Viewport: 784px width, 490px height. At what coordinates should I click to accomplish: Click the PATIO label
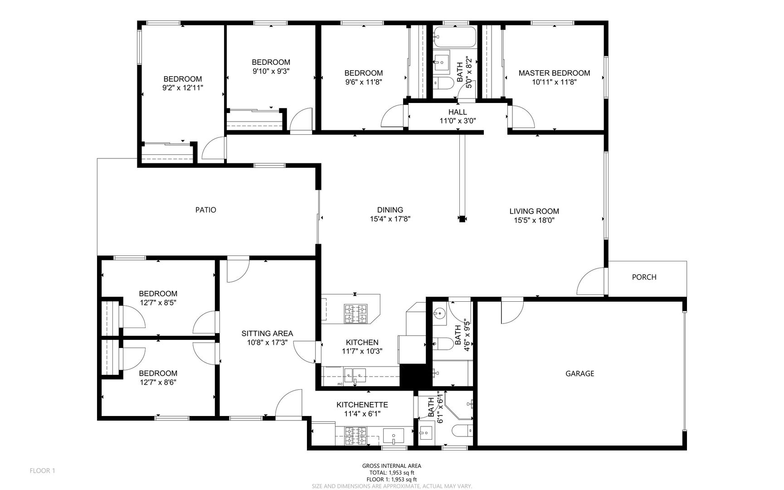point(205,210)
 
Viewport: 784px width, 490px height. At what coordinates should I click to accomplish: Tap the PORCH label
point(644,277)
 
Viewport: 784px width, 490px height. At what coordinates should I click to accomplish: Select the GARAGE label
point(579,374)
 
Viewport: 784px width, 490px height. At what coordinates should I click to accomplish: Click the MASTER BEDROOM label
point(554,73)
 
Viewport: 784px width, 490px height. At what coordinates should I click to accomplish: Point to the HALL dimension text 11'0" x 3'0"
point(458,121)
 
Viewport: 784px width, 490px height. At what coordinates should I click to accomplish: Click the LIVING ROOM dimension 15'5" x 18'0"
point(534,220)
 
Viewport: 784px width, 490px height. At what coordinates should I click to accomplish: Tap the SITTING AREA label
point(267,333)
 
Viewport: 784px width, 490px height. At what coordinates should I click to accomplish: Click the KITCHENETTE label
point(362,405)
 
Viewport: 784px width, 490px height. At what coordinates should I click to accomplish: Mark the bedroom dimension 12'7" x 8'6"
point(158,382)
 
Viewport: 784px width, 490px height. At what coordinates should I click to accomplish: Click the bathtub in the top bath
point(454,37)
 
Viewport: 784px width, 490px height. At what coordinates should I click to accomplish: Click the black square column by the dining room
point(462,219)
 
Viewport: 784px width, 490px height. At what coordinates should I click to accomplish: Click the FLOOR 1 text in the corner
point(42,471)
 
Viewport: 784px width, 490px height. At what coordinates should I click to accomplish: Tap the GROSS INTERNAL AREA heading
point(391,466)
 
